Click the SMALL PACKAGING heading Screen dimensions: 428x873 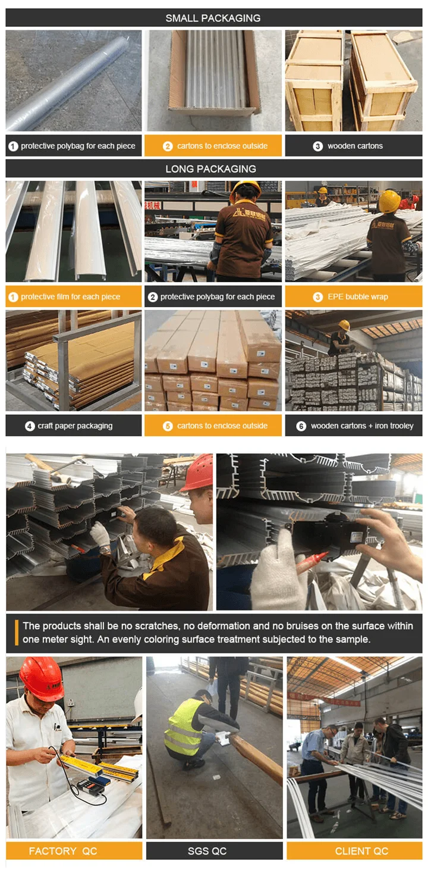(213, 18)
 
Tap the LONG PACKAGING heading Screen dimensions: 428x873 (210, 169)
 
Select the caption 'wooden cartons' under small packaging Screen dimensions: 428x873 (355, 146)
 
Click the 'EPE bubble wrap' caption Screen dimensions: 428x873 (358, 296)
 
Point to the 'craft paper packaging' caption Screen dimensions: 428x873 (75, 425)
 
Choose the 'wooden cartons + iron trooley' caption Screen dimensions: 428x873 (362, 425)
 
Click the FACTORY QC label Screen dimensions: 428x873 (63, 851)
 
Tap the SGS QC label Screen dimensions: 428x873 (207, 851)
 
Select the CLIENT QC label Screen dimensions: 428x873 (362, 851)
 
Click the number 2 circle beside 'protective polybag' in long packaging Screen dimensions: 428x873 (153, 297)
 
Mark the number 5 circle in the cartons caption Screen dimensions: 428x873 (168, 426)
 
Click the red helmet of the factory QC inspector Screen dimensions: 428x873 (42, 679)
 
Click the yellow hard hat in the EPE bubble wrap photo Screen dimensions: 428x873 (390, 201)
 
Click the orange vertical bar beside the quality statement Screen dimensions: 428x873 (17, 633)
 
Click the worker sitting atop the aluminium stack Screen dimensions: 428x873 (341, 338)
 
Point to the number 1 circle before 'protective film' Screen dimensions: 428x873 (13, 297)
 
